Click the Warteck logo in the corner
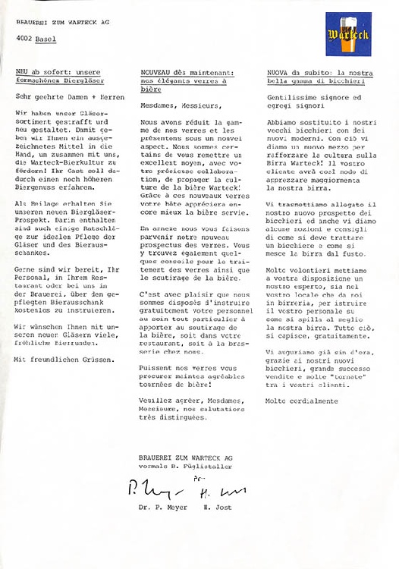pos(350,34)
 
